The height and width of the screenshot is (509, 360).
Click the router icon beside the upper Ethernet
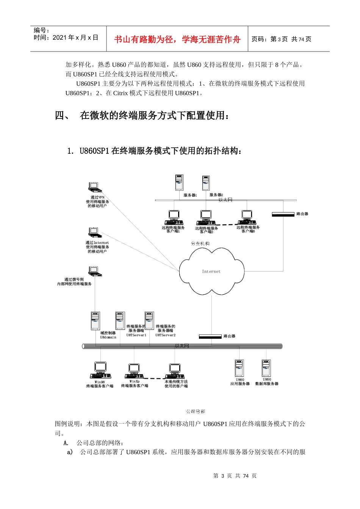click(283, 214)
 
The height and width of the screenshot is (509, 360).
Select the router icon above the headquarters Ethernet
click(210, 336)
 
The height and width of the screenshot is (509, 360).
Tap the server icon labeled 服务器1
click(179, 183)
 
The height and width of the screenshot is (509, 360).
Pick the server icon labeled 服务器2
click(206, 183)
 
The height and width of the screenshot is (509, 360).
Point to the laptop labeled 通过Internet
click(95, 232)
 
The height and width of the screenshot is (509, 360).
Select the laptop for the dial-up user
click(95, 271)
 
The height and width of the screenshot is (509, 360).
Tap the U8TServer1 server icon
click(120, 321)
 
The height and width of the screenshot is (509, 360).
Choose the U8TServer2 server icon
click(149, 321)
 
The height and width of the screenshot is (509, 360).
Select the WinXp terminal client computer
click(134, 371)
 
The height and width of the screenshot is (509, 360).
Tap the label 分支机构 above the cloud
click(200, 244)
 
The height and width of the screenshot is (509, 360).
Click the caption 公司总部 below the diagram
click(196, 411)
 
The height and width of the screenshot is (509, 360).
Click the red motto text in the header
click(177, 39)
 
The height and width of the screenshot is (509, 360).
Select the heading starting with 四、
click(142, 116)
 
